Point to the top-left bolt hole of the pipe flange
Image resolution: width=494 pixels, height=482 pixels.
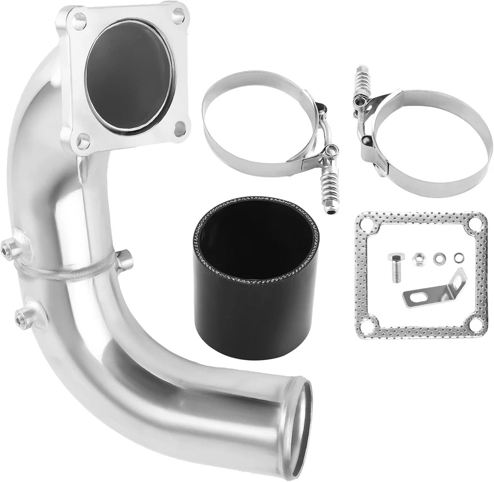click(x=79, y=22)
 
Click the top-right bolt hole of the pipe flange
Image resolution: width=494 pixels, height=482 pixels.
click(x=178, y=15)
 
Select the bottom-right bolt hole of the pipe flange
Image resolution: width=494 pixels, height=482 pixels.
click(x=180, y=129)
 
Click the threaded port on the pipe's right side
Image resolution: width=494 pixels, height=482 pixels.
click(x=124, y=260)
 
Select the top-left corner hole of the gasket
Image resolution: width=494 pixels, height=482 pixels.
click(x=367, y=224)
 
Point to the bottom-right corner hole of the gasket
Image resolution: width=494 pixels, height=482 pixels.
click(x=475, y=325)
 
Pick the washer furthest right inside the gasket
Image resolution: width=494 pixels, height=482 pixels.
click(x=457, y=257)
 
